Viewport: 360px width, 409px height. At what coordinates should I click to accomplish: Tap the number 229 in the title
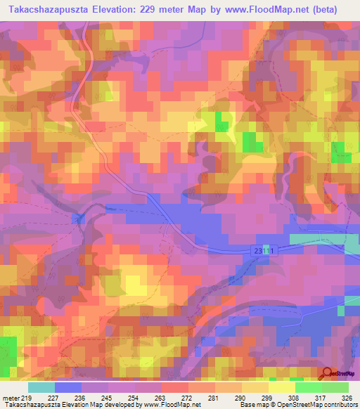pyautogui.click(x=163, y=10)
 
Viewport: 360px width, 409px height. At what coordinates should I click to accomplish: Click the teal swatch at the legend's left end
pyautogui.click(x=41, y=387)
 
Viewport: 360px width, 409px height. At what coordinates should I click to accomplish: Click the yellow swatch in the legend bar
pyautogui.click(x=282, y=387)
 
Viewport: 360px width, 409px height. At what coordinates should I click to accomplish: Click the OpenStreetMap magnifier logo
pyautogui.click(x=327, y=373)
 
